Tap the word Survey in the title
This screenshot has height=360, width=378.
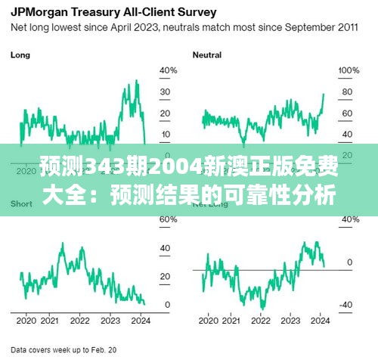click(196, 13)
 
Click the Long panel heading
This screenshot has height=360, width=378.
click(20, 55)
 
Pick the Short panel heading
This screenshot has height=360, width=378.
click(21, 205)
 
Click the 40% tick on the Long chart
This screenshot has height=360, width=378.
click(168, 70)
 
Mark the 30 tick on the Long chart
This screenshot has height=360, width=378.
click(166, 92)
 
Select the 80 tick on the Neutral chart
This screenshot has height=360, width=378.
click(347, 92)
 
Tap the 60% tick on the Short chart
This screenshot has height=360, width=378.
click(168, 219)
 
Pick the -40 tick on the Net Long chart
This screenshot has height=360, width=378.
click(345, 305)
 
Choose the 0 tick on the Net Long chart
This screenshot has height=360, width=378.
click(349, 262)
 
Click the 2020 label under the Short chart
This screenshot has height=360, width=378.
click(26, 320)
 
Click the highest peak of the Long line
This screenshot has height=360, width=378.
click(137, 80)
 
